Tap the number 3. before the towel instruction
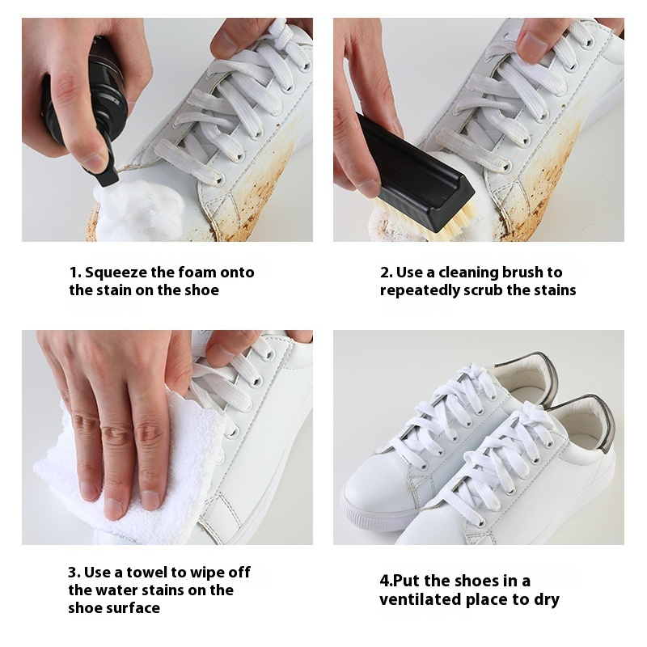[74, 573]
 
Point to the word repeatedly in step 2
[420, 290]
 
